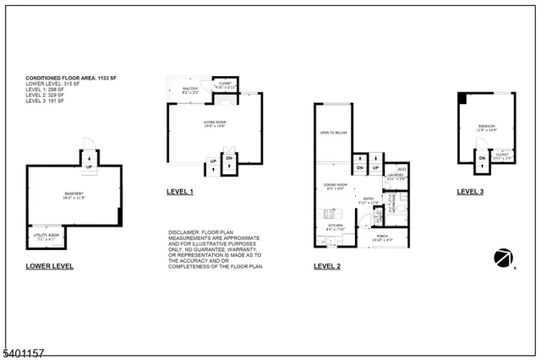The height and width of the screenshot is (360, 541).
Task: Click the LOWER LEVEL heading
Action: (x=49, y=266)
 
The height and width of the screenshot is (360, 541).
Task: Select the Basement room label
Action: (x=73, y=194)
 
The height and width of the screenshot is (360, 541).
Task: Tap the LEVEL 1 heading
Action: (x=180, y=193)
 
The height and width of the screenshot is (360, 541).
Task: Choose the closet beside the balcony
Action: (x=226, y=85)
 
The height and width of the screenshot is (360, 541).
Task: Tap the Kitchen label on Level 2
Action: (x=336, y=226)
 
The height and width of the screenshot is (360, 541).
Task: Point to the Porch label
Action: (x=383, y=237)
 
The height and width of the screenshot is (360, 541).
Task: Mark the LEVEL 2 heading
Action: (x=327, y=266)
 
